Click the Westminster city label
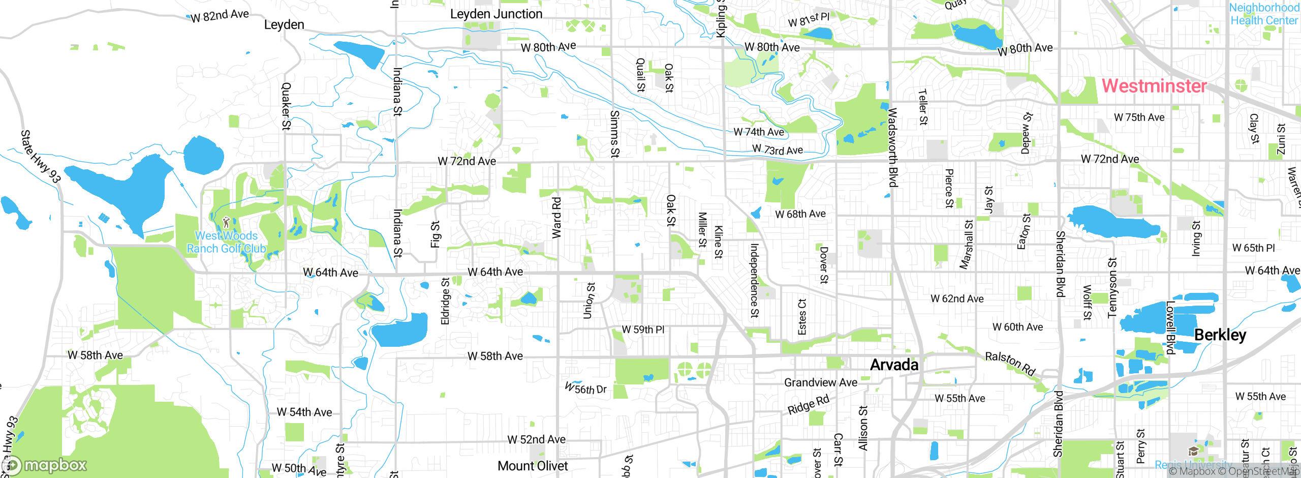pyautogui.click(x=1154, y=85)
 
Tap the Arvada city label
pyautogui.click(x=894, y=365)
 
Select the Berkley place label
pyautogui.click(x=1220, y=335)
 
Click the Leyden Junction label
pyautogui.click(x=496, y=14)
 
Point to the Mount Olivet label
pyautogui.click(x=533, y=466)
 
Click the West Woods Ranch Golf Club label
pyautogui.click(x=226, y=242)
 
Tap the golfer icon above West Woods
pyautogui.click(x=226, y=222)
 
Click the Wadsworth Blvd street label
pyautogui.click(x=892, y=147)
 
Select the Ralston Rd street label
pyautogui.click(x=1010, y=363)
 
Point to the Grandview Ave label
pyautogui.click(x=820, y=382)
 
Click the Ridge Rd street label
pyautogui.click(x=808, y=404)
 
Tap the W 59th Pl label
pyautogui.click(x=643, y=330)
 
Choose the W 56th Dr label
pyautogui.click(x=586, y=389)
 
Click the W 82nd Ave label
pyautogui.click(x=220, y=16)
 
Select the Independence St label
pyautogui.click(x=754, y=281)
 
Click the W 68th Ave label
pyautogui.click(x=800, y=214)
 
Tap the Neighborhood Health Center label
pyautogui.click(x=1263, y=14)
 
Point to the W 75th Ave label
pyautogui.click(x=1139, y=117)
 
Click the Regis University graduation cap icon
pyautogui.click(x=1193, y=452)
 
